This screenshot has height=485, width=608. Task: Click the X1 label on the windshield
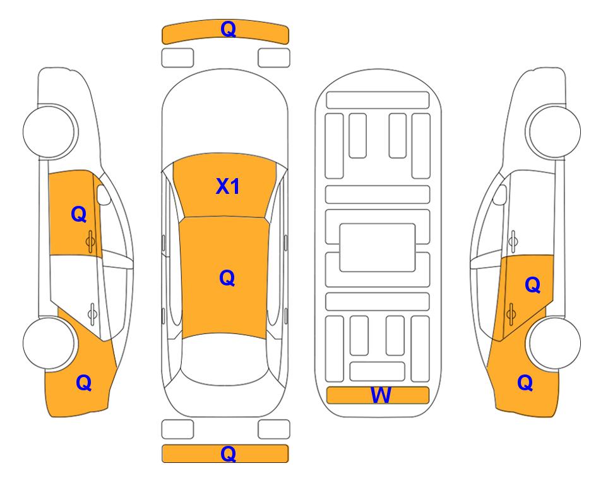(228, 186)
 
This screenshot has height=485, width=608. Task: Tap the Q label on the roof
(227, 278)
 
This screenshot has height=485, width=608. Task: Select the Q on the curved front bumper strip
(229, 28)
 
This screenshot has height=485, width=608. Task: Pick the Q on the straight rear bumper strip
(229, 453)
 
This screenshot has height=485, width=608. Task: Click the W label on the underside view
(381, 395)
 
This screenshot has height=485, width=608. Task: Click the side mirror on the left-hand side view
(103, 195)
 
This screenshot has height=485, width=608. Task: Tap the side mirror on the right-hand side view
(500, 195)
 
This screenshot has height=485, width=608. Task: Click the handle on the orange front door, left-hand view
(90, 241)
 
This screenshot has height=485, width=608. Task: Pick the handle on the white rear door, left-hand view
(92, 313)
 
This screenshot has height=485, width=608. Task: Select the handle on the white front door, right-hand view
(513, 241)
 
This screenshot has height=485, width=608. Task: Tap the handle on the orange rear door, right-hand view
(511, 313)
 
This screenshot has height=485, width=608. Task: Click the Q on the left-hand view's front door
(79, 214)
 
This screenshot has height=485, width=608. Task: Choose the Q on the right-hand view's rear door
(533, 285)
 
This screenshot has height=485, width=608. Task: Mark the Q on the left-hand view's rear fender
(84, 383)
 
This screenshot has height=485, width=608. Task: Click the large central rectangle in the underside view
(378, 248)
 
